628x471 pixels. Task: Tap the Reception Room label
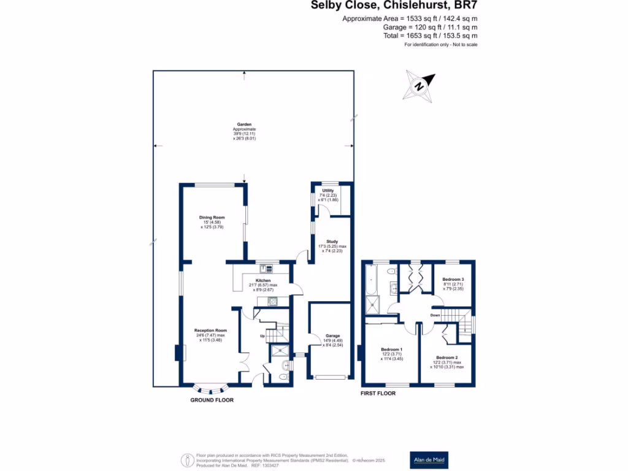click(x=212, y=331)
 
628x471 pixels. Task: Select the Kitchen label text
click(x=262, y=281)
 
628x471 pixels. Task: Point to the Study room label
click(x=332, y=242)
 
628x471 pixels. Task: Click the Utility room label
click(x=328, y=191)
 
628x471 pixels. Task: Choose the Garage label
click(x=332, y=336)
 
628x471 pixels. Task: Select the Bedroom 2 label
click(x=447, y=358)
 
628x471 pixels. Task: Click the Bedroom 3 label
click(x=453, y=280)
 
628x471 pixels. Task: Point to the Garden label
click(x=244, y=124)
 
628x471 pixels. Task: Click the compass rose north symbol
click(x=419, y=85)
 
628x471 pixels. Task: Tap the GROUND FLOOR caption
click(x=212, y=400)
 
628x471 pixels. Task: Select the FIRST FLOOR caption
click(x=378, y=393)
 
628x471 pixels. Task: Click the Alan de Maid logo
click(x=429, y=459)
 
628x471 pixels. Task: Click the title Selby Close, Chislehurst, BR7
click(x=394, y=6)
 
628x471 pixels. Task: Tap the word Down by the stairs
click(x=435, y=315)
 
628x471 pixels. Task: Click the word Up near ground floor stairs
click(x=263, y=337)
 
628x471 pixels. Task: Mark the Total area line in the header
click(x=427, y=36)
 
